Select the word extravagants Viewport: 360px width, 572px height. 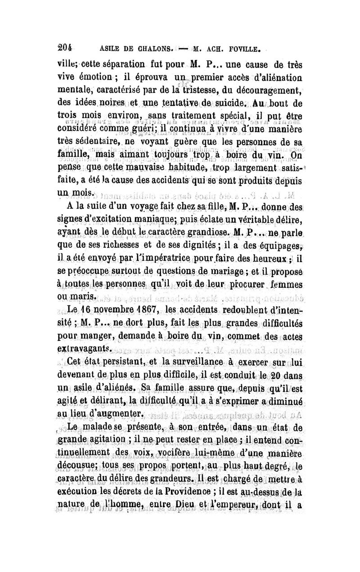(93, 348)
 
